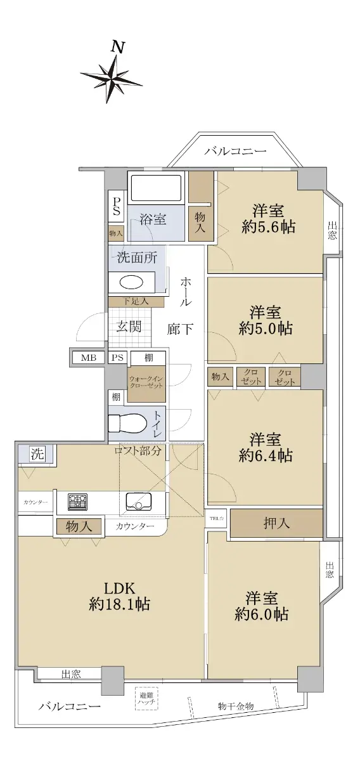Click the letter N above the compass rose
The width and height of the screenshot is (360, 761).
coord(118,47)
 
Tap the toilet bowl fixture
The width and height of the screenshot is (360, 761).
coord(127,422)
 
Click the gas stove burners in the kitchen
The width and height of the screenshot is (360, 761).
coord(78,501)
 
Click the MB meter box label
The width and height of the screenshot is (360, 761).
coord(89,357)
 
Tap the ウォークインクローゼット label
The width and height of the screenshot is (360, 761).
coord(146,382)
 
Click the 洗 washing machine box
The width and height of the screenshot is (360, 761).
coord(37,454)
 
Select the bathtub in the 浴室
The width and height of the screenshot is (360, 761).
coord(156,188)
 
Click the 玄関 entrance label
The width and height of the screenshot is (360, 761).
coord(129,327)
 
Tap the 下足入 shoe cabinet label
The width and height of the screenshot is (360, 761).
coord(136,301)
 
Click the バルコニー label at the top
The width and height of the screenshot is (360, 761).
coord(235,151)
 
